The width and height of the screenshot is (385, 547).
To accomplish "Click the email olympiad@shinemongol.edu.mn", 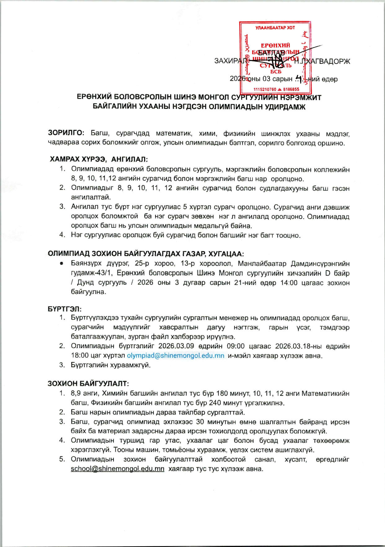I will point(175,356).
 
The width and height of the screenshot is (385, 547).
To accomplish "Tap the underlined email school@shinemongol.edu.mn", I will point(117,469).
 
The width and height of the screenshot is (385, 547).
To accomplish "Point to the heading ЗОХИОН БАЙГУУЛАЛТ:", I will point(88,384).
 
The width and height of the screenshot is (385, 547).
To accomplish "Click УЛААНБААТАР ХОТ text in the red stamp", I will point(275,28).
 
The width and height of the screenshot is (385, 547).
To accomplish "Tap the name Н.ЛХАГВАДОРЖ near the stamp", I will point(322,61).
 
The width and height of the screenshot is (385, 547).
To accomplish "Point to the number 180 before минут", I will point(222,393).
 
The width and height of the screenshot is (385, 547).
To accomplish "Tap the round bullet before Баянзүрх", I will point(62,264).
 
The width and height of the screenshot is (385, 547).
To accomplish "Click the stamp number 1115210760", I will point(265,89).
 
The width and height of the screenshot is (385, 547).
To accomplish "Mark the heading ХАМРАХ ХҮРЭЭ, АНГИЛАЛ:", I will point(99,159).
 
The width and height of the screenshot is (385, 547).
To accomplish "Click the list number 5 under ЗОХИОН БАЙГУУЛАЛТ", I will point(62,459).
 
